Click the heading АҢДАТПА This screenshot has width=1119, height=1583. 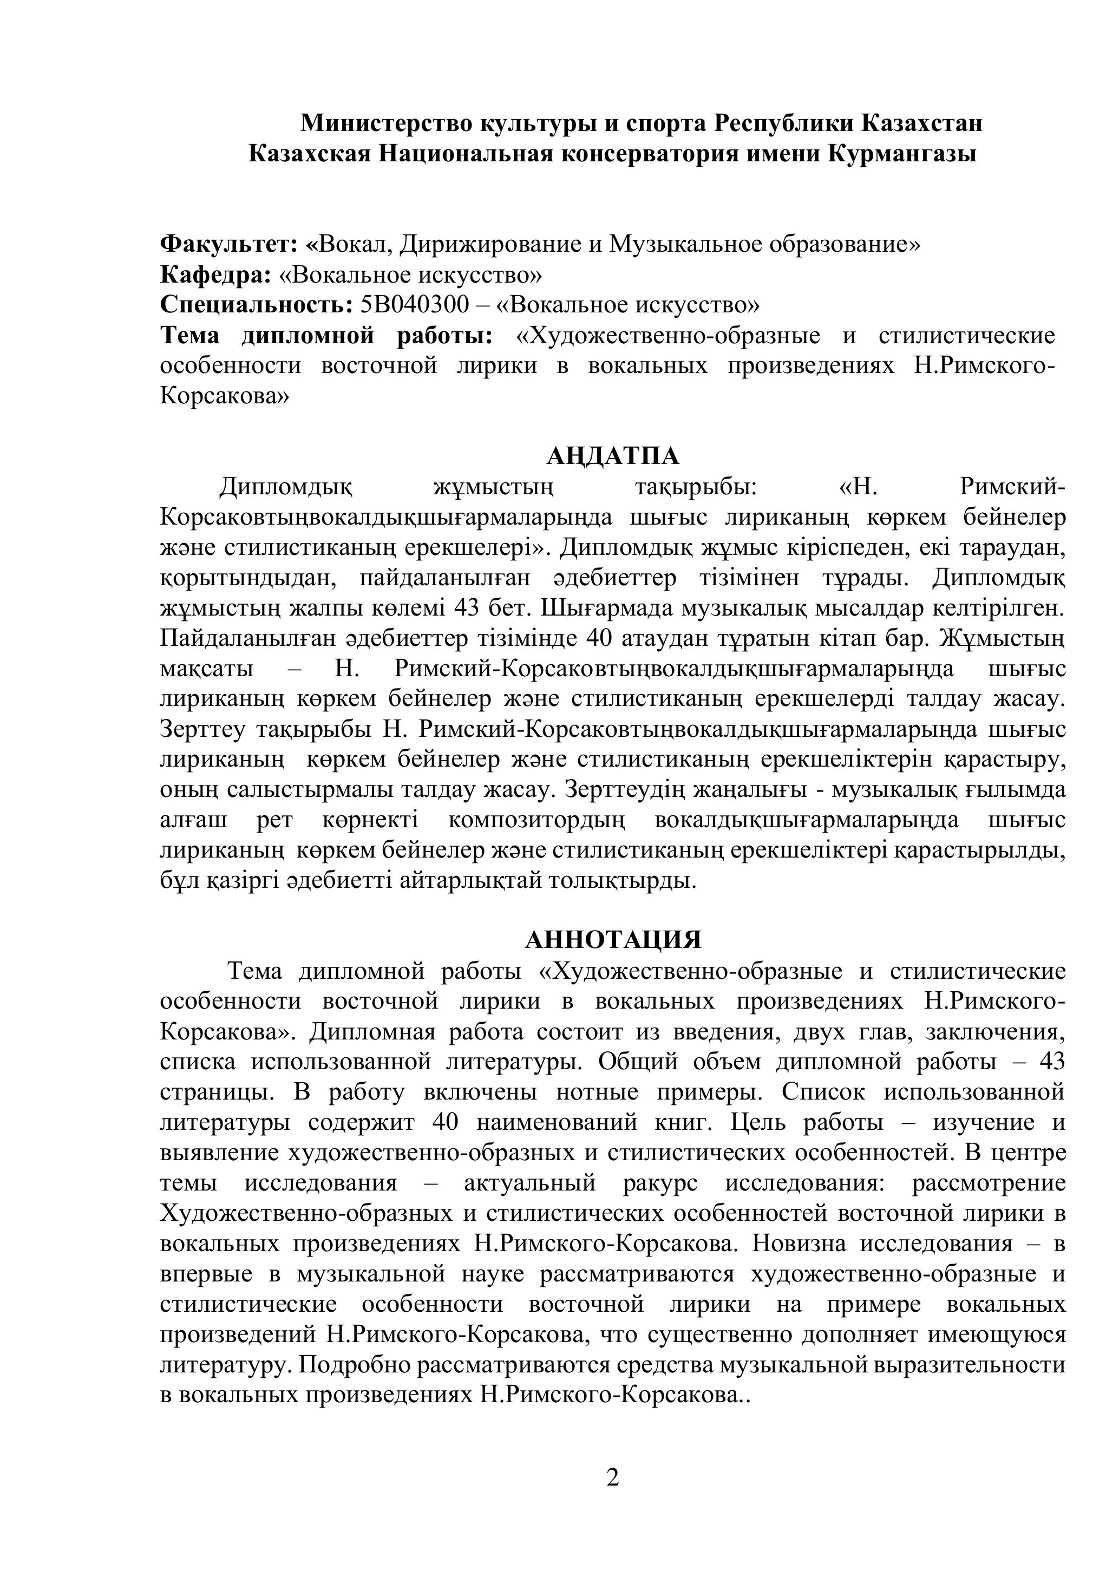point(613,456)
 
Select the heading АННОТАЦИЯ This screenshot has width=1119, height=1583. point(613,940)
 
